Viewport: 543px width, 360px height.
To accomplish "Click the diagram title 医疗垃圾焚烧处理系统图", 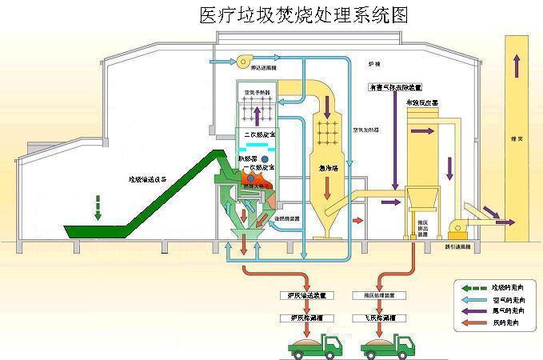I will pyautogui.click(x=302, y=15).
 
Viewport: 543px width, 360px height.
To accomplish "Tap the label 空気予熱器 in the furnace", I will pyautogui.click(x=256, y=94).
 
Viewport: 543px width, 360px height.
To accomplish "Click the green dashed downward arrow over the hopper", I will pyautogui.click(x=98, y=210).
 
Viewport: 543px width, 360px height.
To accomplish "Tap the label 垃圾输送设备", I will pyautogui.click(x=148, y=180).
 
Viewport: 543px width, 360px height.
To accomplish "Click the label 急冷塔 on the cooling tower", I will pyautogui.click(x=328, y=168).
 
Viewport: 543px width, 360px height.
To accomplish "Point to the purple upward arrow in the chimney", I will pyautogui.click(x=518, y=58).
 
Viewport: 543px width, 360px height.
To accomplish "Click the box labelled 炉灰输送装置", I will pyautogui.click(x=293, y=295).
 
